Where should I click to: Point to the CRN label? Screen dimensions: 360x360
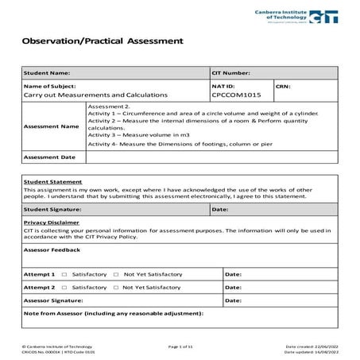pos(284,85)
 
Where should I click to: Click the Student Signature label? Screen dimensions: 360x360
pos(52,209)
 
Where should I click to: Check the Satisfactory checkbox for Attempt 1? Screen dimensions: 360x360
pos(64,273)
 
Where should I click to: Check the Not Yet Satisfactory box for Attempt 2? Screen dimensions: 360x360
pos(116,287)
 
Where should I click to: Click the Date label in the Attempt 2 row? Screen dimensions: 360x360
pos(233,287)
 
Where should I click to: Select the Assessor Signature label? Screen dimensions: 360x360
pos(54,301)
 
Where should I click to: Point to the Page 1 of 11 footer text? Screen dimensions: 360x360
pos(181,347)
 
